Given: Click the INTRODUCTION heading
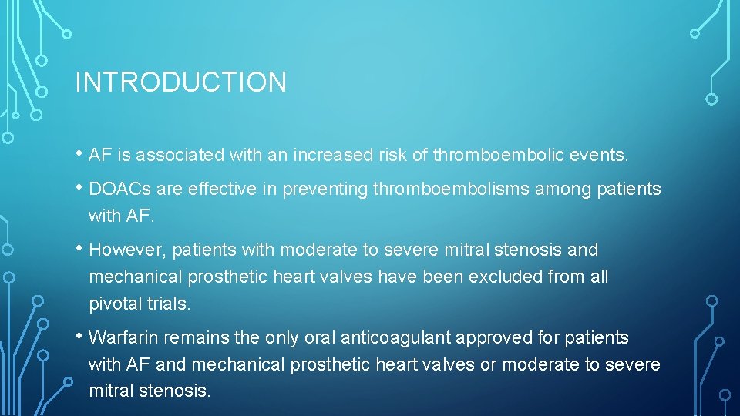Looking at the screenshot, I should coord(180,82).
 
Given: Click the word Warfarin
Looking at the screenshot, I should coord(123,338).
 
